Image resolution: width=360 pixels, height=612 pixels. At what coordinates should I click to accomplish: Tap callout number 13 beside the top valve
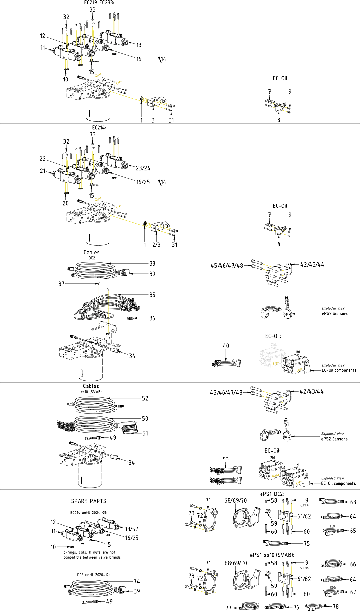pos(139,45)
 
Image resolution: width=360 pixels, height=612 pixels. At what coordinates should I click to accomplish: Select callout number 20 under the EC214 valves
pos(66,203)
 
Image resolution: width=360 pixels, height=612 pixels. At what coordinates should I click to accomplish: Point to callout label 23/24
pos(143,168)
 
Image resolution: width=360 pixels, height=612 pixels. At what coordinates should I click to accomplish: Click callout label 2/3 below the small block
pos(156,244)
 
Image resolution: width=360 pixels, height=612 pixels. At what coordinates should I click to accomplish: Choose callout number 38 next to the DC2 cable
pos(152,263)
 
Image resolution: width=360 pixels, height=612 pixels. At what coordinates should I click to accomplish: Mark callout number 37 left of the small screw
pos(61,284)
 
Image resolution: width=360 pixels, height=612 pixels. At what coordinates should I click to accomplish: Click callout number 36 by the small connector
pos(152,318)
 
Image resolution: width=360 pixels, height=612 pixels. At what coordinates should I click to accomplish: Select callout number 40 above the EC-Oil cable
pos(226,346)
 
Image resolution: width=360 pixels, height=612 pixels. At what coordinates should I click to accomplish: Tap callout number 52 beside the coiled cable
pos(145,398)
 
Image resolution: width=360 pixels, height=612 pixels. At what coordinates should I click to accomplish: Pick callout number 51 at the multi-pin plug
pos(145,433)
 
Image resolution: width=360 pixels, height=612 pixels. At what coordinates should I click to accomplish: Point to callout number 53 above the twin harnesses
pos(226,459)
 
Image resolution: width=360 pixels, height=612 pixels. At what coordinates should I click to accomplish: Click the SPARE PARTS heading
pos(89,501)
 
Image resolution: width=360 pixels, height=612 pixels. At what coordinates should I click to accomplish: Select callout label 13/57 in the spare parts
pos(132,529)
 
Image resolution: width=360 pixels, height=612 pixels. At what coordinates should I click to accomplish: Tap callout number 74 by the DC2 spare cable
pos(137,581)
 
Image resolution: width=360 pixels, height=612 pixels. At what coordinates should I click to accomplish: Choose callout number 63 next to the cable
pos(353,502)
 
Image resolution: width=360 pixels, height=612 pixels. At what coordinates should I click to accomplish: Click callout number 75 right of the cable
pos(306,543)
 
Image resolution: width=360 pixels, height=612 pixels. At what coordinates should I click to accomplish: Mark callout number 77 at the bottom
pos(228,608)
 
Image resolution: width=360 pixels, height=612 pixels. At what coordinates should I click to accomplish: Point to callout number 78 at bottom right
pos(336,606)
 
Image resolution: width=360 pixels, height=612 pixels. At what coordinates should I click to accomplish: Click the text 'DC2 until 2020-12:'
pos(93,575)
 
